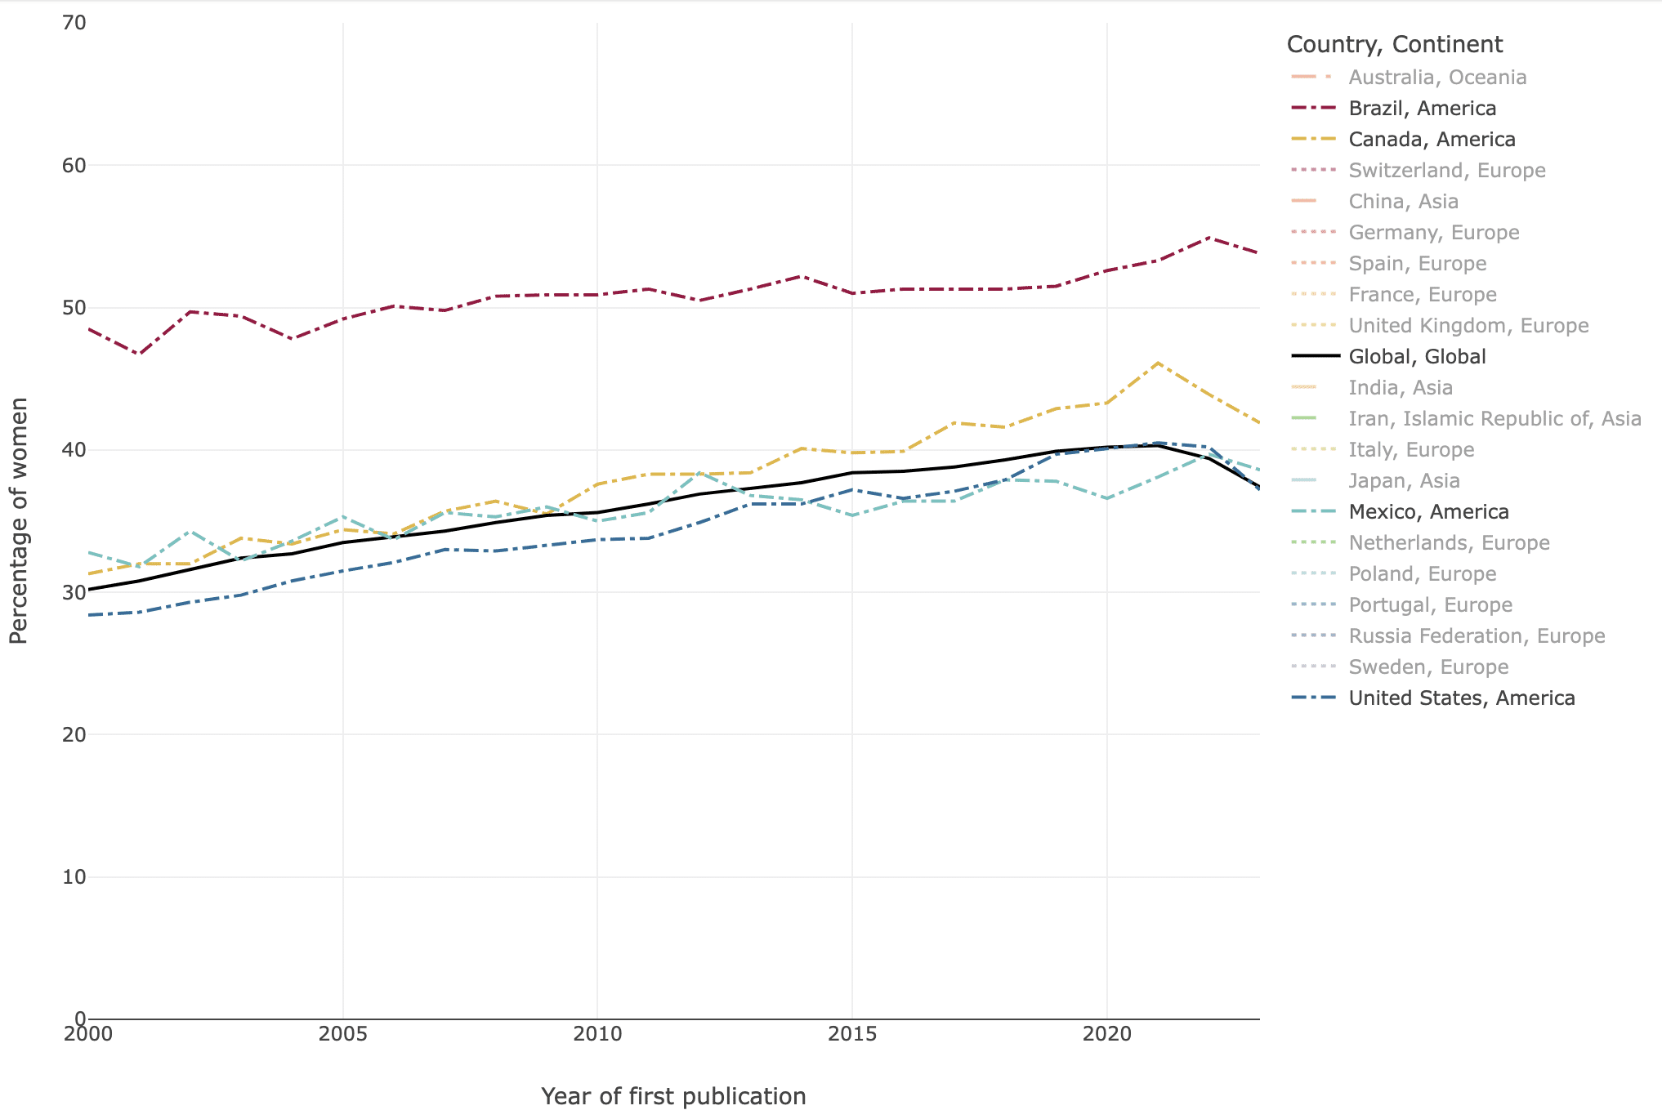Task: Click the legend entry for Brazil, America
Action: click(1422, 108)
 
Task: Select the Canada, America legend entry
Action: click(1432, 139)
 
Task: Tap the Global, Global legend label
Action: click(1417, 356)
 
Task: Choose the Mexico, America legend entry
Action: click(1428, 511)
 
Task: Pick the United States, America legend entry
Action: click(1461, 698)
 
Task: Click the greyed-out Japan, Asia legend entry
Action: click(1404, 480)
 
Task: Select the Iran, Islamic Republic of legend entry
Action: click(1494, 418)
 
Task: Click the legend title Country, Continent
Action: click(1394, 44)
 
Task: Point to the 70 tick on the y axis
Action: click(74, 23)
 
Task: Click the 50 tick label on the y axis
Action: click(74, 308)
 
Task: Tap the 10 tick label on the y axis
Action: click(74, 877)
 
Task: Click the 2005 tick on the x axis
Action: click(342, 1034)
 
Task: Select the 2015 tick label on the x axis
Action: click(852, 1034)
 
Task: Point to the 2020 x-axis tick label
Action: click(1106, 1034)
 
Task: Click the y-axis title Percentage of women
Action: click(18, 520)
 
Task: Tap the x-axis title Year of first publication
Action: click(673, 1096)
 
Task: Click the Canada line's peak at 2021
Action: click(1158, 363)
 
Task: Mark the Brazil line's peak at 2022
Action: click(1209, 238)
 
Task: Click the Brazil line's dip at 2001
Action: click(139, 354)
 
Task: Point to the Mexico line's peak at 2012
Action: click(699, 473)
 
